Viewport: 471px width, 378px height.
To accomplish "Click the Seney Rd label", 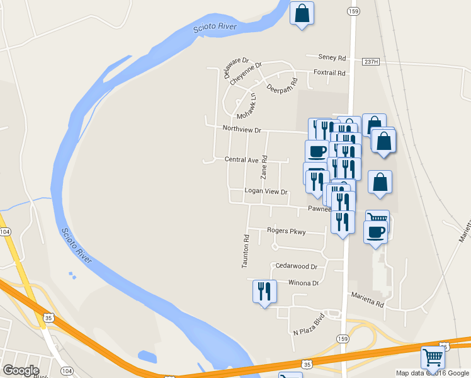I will pos(332,58).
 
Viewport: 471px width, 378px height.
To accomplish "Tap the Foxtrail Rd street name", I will pos(330,73).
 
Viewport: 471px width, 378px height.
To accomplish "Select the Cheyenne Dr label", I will pos(246,74).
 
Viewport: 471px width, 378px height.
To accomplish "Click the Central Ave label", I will pos(242,159).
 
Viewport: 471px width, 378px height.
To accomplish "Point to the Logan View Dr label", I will pos(266,192).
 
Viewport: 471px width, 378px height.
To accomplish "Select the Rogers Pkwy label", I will pos(286,231).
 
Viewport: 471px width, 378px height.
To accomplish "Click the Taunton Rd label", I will pos(246,251).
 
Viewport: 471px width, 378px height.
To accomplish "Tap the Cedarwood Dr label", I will pos(293,266).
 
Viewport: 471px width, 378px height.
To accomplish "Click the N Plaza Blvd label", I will pos(309,323).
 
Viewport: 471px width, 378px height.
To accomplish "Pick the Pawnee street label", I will pos(319,209).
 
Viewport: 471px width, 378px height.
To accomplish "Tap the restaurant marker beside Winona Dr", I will pos(264,292).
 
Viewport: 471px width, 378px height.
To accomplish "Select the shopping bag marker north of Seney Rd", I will pos(302,14).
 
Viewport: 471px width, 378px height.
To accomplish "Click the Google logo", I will pos(21,370).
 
